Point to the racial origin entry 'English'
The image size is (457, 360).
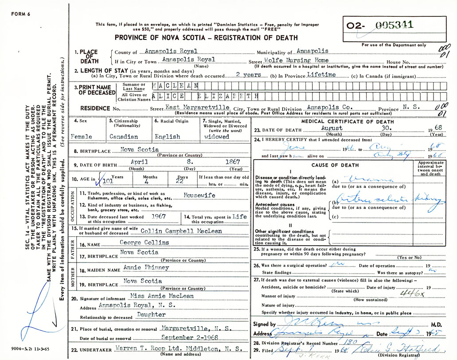(x=167, y=137)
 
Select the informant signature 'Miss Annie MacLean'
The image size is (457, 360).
(x=156, y=295)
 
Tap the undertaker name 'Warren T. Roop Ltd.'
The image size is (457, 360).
(x=146, y=348)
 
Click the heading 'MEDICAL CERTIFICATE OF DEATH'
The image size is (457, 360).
(x=347, y=121)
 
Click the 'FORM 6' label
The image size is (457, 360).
(x=20, y=14)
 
